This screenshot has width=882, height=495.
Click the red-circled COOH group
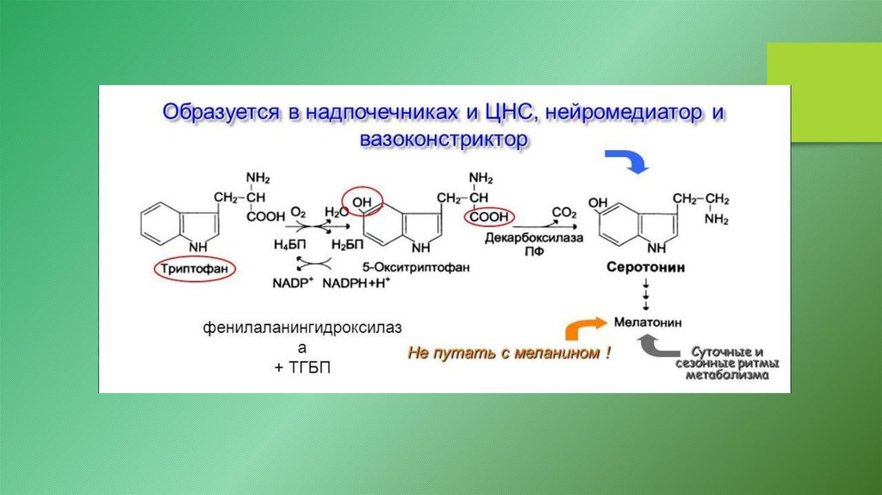[489, 218]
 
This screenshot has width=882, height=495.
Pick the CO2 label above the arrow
[565, 210]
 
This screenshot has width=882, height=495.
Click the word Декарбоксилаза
[534, 236]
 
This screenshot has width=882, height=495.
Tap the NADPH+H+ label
[358, 284]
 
